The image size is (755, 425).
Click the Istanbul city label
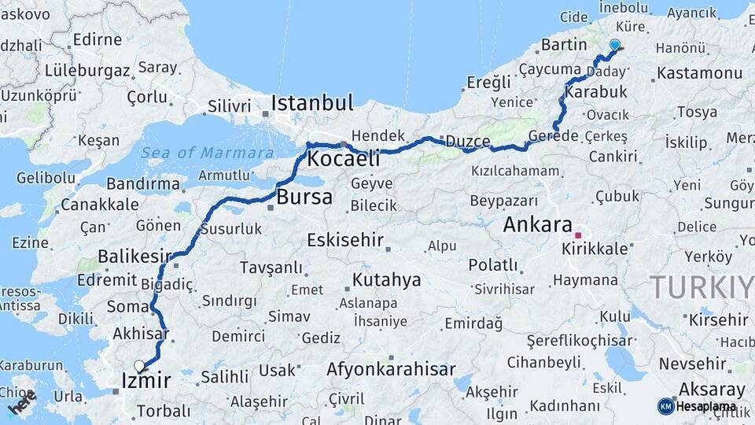312,103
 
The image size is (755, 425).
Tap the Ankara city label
537,224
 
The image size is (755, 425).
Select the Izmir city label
145,382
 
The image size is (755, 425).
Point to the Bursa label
304,197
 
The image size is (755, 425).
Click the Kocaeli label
343,159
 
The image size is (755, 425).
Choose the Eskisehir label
345,239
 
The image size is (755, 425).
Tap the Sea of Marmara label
208,153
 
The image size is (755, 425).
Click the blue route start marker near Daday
614,46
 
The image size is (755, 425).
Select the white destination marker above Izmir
139,366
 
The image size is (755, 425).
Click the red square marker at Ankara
578,235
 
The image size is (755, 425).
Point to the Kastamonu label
699,73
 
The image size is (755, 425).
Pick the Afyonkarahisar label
391,369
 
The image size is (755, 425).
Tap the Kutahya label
386,279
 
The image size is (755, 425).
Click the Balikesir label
134,256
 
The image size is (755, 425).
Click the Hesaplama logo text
705,406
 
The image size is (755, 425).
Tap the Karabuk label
601,91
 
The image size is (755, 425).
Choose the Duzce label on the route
468,142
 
